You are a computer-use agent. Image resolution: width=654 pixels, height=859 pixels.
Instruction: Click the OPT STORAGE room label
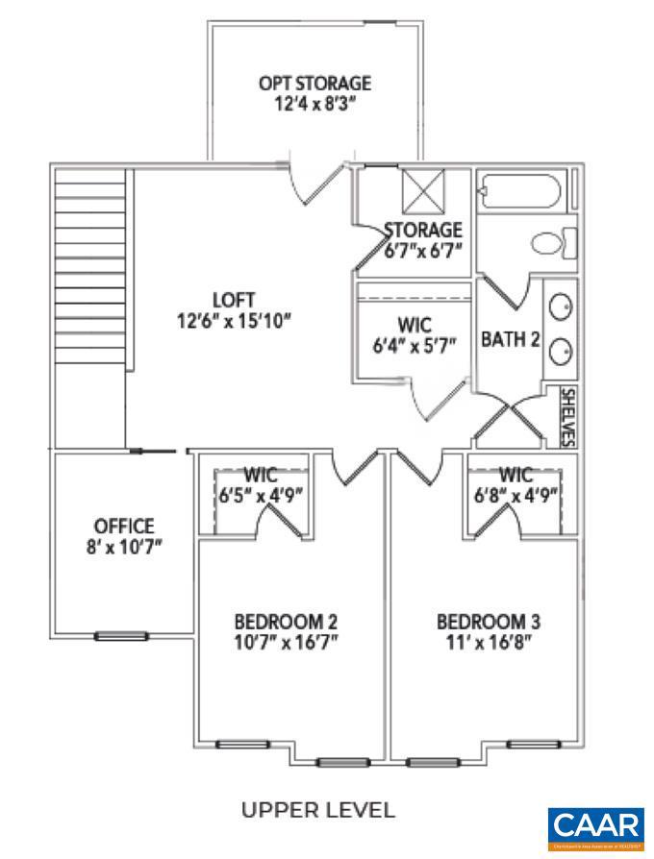coord(314,84)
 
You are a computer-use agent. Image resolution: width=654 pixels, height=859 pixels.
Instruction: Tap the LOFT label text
coord(234,300)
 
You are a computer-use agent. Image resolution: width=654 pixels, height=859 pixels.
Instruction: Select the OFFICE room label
coord(123,526)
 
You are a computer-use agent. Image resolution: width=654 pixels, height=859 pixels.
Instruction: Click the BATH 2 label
coord(509,339)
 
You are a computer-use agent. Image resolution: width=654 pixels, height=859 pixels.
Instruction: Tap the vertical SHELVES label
coord(567,417)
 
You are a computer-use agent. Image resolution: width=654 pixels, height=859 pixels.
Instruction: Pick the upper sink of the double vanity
coord(561,307)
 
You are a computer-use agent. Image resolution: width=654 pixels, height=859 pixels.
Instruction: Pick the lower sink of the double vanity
coord(561,353)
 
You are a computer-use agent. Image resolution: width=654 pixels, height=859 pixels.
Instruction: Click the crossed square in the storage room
coord(420,192)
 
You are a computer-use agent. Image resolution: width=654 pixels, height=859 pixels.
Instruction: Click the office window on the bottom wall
coord(120,635)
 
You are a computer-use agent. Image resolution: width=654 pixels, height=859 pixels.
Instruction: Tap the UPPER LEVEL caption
coord(317,810)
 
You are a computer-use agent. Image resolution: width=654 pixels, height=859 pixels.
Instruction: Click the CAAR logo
coord(595,826)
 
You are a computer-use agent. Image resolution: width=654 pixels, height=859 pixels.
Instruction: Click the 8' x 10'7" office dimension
coord(123,546)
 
